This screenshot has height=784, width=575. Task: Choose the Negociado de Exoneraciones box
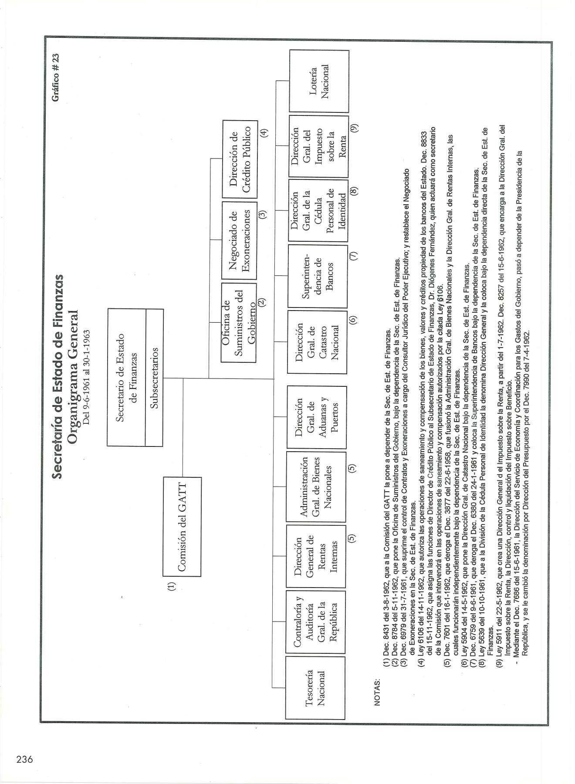[239, 241]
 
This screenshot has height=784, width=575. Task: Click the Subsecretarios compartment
[154, 377]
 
